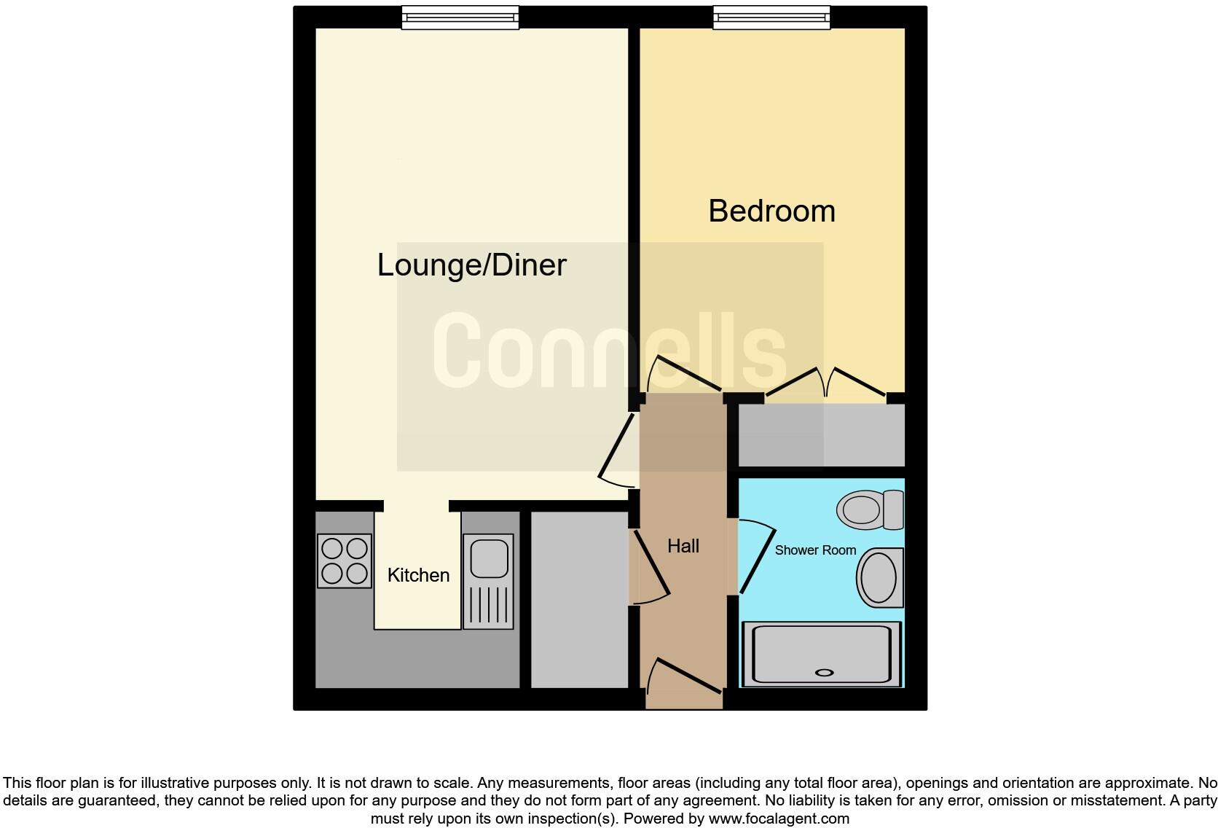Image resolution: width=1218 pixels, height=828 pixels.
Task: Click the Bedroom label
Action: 771,211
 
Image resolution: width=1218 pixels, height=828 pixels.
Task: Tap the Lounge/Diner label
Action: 471,265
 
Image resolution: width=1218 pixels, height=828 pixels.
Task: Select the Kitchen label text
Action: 418,575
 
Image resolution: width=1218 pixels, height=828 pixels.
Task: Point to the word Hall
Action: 683,546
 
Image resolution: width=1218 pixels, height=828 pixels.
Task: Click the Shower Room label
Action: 815,550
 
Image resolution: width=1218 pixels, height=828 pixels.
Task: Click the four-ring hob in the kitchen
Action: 345,561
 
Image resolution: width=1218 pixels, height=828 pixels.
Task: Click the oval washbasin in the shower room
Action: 879,577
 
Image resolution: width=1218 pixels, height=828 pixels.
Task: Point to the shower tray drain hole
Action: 824,673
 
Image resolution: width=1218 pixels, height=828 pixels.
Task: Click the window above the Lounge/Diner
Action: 460,17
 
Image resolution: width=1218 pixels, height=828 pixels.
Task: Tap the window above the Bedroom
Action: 771,17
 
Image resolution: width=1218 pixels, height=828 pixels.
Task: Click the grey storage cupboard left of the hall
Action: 579,599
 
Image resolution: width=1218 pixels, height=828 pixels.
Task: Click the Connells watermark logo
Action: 609,351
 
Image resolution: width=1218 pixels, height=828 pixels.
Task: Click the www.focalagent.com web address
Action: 779,818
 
